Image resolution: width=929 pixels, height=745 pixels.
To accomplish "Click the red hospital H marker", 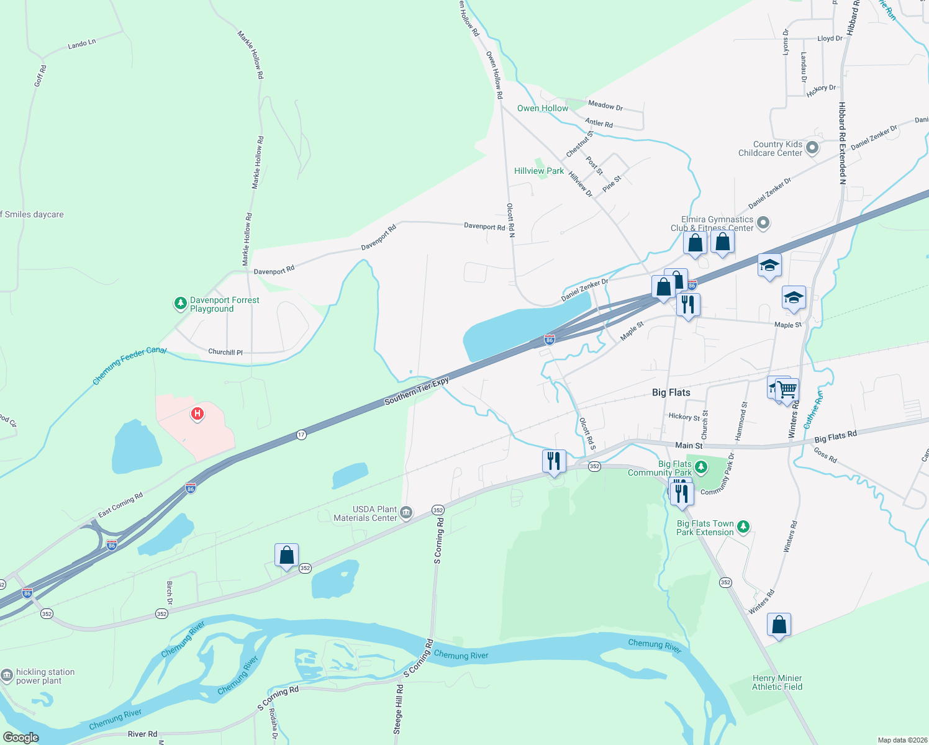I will click(197, 413).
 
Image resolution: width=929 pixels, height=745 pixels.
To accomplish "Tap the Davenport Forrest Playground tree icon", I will click(180, 304).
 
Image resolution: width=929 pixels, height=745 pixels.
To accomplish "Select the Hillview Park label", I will click(538, 171).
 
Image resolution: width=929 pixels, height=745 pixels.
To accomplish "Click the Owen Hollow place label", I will click(542, 108).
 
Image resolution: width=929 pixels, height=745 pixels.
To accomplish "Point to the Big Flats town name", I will click(671, 392).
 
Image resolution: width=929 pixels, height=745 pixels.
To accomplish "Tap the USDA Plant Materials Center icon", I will click(406, 513).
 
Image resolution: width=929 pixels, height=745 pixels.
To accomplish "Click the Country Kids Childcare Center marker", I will click(812, 148).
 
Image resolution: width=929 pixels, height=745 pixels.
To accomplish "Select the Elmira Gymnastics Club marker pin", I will click(764, 223).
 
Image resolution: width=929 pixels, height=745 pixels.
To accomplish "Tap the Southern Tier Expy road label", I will click(416, 391).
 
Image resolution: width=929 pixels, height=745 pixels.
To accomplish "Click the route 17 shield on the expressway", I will click(301, 435).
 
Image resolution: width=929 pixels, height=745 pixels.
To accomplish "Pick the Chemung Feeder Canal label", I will click(129, 366).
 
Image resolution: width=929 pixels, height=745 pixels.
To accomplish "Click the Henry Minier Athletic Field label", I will click(777, 682).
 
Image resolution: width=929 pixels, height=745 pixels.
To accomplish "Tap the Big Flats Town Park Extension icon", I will click(743, 527).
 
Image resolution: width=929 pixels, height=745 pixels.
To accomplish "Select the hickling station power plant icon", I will click(7, 675).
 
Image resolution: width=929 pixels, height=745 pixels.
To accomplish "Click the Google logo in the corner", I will click(20, 737).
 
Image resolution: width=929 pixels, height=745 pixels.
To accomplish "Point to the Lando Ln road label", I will click(82, 44).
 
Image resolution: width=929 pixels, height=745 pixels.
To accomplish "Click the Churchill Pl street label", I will click(225, 352).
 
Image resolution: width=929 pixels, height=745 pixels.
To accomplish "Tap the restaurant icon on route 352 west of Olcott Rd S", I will click(553, 461).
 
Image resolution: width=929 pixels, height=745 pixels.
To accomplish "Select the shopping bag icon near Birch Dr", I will click(286, 555).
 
